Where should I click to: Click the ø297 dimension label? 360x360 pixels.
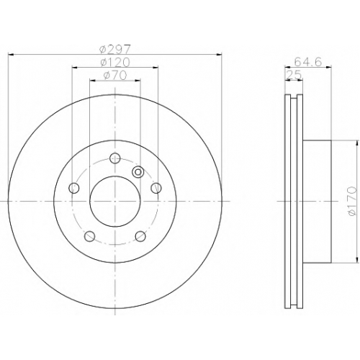click(x=115, y=50)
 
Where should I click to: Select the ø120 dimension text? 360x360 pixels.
click(x=115, y=63)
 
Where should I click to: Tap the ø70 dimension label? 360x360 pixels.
click(x=115, y=76)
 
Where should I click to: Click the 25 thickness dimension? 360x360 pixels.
click(x=294, y=75)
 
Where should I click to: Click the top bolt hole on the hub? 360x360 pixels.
click(x=114, y=158)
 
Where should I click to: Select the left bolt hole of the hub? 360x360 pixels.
click(x=74, y=188)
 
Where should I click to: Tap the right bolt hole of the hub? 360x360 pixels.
click(x=156, y=188)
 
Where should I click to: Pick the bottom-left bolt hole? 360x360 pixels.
click(x=90, y=236)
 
